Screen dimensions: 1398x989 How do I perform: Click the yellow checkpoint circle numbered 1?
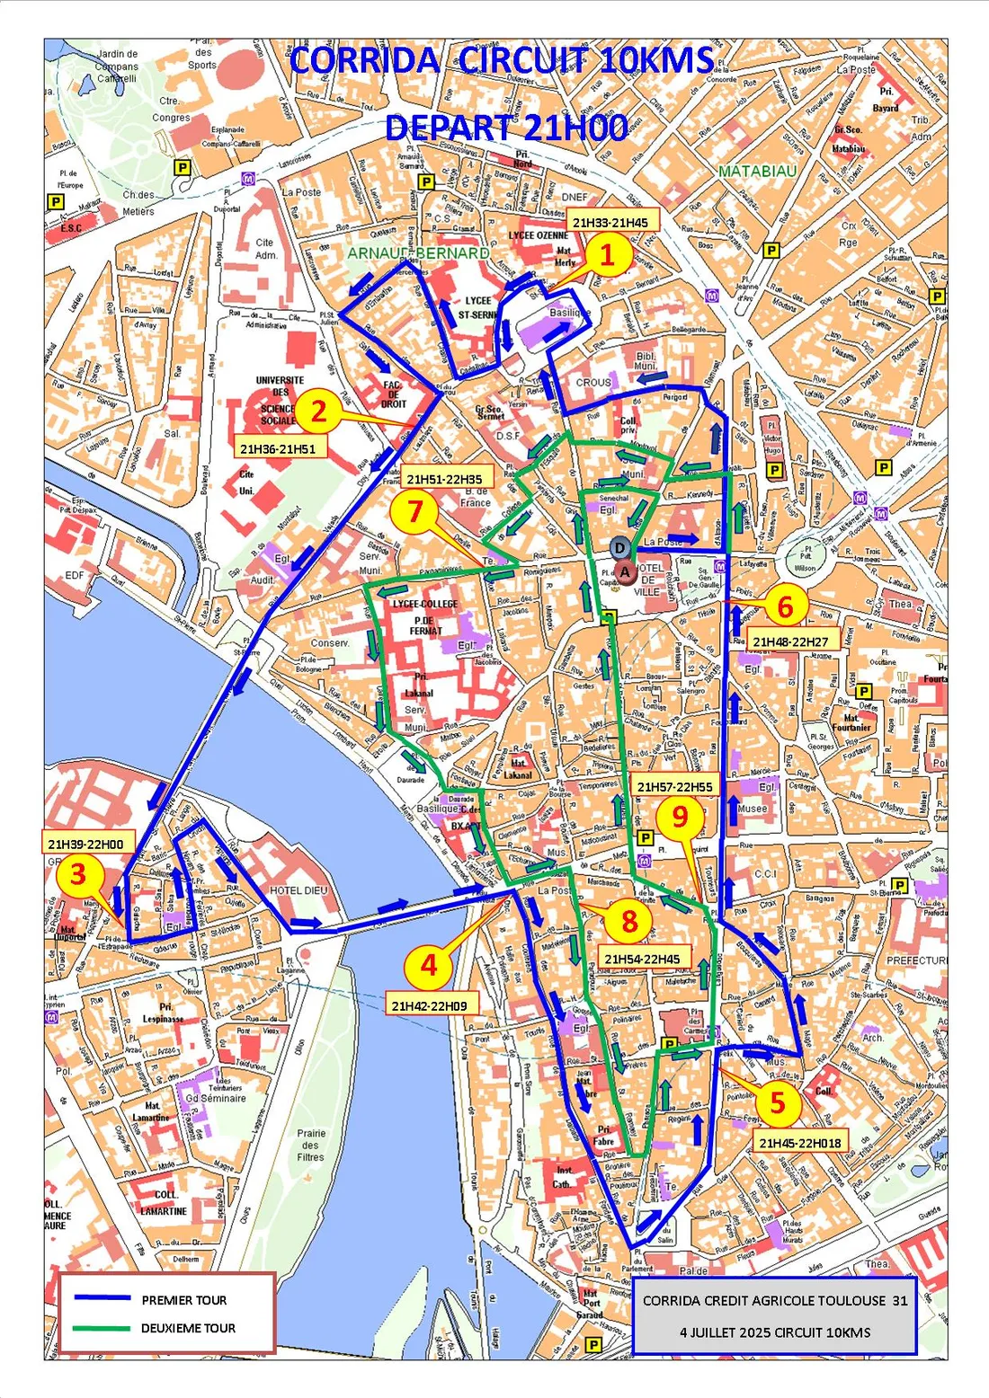607,254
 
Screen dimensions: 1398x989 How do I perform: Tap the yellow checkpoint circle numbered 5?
778,1102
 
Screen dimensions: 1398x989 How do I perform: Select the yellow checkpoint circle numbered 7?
414,510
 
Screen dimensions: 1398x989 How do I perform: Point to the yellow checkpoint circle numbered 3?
77,873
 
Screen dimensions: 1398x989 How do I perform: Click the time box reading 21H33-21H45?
610,222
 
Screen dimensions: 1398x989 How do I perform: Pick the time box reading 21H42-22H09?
429,1005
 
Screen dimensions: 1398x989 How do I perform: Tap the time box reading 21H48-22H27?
790,641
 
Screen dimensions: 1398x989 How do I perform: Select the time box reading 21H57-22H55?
674,786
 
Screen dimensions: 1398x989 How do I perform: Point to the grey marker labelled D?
619,548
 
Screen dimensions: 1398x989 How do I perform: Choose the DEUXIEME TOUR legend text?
188,1328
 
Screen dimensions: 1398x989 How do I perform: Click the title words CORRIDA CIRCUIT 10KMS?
502,61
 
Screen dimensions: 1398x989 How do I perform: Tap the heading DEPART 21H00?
506,128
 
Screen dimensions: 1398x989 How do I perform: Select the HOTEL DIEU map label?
299,889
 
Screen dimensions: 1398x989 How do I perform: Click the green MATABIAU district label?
757,171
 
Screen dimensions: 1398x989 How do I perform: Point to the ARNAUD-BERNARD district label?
418,253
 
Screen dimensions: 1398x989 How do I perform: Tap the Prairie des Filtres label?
310,1145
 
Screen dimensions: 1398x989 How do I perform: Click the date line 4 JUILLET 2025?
775,1332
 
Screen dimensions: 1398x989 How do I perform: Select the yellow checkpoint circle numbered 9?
680,816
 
